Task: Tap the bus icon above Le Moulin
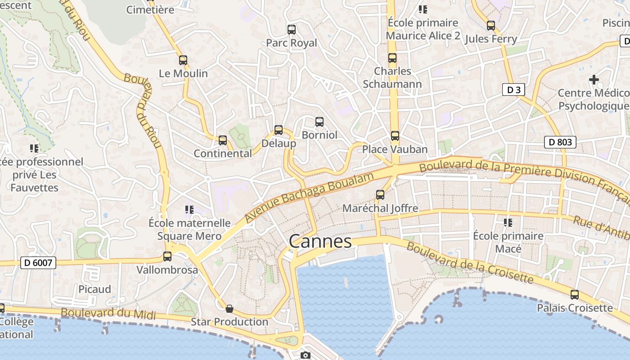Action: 183,60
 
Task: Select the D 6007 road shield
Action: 38,263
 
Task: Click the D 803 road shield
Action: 560,143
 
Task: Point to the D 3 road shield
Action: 513,90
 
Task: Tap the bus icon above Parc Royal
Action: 292,30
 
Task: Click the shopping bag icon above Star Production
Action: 229,309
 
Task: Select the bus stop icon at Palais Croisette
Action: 575,295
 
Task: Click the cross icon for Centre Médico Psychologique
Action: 594,80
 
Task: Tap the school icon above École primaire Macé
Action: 508,222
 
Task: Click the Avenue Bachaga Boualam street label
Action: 310,197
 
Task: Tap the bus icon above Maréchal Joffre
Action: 380,195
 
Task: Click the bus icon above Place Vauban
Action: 395,135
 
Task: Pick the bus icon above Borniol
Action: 319,121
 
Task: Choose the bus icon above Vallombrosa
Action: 167,256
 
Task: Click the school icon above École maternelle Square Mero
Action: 189,210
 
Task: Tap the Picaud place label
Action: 94,289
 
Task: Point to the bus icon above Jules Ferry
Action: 490,26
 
